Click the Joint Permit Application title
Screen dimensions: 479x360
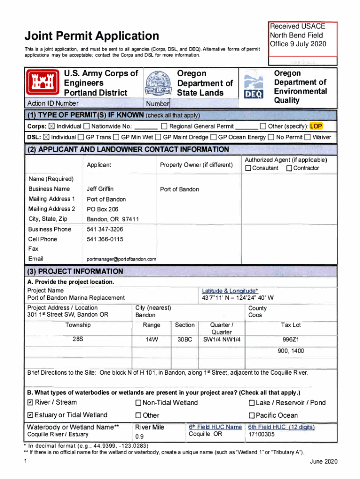tap(92, 36)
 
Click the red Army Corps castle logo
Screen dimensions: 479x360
tap(41, 83)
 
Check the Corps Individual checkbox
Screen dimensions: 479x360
tap(51, 126)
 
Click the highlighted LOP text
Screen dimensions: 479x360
tap(316, 126)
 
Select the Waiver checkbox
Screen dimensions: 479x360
tap(307, 138)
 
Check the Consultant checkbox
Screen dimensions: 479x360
tap(248, 168)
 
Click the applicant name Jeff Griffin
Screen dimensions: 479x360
tap(100, 189)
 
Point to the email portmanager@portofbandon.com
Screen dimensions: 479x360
tap(122, 259)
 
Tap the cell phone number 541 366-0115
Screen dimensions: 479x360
tap(105, 239)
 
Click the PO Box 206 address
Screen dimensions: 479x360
tap(102, 209)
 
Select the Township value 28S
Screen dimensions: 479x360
tap(78, 340)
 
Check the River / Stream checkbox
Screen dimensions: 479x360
tap(30, 403)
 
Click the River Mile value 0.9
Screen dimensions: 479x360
tap(139, 436)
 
